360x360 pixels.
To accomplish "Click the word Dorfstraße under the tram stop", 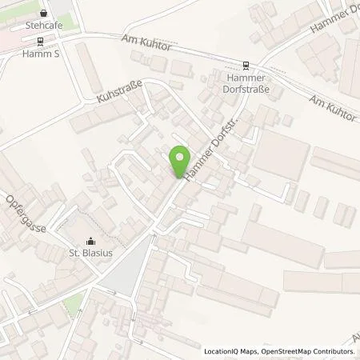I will click(x=246, y=90).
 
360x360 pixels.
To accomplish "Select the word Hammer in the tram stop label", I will click(x=246, y=79).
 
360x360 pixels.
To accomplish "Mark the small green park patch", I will click(x=73, y=305).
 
